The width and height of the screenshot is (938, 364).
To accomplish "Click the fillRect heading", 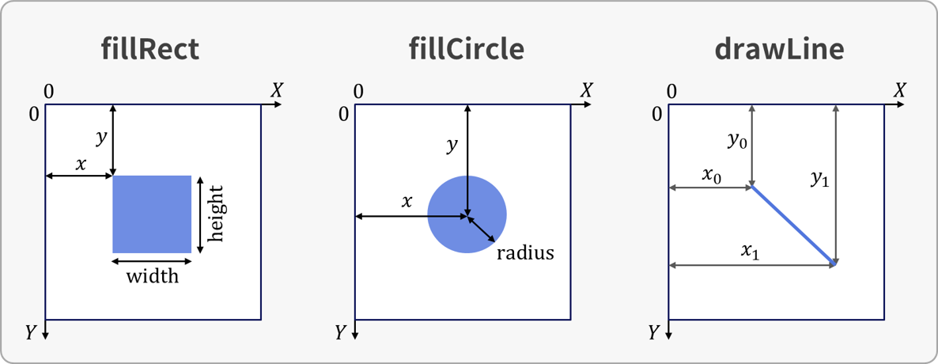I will pyautogui.click(x=150, y=50).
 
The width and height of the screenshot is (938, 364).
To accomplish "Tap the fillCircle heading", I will pyautogui.click(x=466, y=50).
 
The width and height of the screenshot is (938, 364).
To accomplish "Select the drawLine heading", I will pyautogui.click(x=779, y=50).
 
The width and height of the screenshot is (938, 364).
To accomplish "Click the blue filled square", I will pyautogui.click(x=152, y=214).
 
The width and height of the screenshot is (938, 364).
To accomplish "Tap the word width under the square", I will pyautogui.click(x=153, y=277).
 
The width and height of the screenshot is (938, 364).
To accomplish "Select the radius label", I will pyautogui.click(x=525, y=253).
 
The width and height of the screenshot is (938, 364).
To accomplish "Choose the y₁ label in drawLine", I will pyautogui.click(x=820, y=179).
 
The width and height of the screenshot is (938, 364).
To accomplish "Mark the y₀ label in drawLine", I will pyautogui.click(x=736, y=142).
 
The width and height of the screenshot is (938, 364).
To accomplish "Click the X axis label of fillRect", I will pyautogui.click(x=276, y=91).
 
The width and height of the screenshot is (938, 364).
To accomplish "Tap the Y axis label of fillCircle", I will pyautogui.click(x=340, y=332).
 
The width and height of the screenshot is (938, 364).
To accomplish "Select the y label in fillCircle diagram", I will pyautogui.click(x=452, y=145).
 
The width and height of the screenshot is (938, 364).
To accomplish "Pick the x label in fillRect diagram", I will pyautogui.click(x=81, y=165).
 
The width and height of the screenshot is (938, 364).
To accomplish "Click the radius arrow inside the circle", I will pyautogui.click(x=481, y=228).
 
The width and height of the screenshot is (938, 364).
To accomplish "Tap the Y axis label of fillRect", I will pyautogui.click(x=31, y=332).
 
